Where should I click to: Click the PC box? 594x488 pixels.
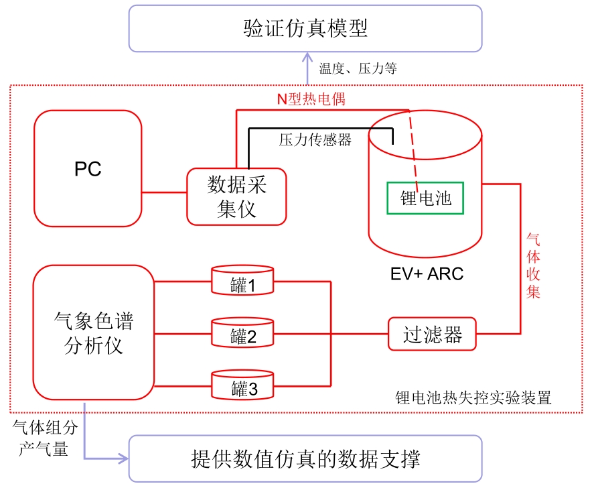coord(88,169)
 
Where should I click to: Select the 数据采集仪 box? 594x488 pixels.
coord(236,196)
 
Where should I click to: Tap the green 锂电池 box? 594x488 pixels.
coord(425,198)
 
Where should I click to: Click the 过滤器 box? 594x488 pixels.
coord(433,333)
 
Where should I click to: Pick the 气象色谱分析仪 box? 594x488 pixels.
coord(93,332)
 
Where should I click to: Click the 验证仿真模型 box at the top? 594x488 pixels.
coord(305,28)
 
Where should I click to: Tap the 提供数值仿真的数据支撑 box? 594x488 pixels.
coord(305,459)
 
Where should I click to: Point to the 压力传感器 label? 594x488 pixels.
coord(315,139)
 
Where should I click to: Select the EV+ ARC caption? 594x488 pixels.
coord(427,274)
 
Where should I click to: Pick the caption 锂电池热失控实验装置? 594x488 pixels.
coord(473,398)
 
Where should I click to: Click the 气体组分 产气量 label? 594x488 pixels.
coord(46,437)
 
